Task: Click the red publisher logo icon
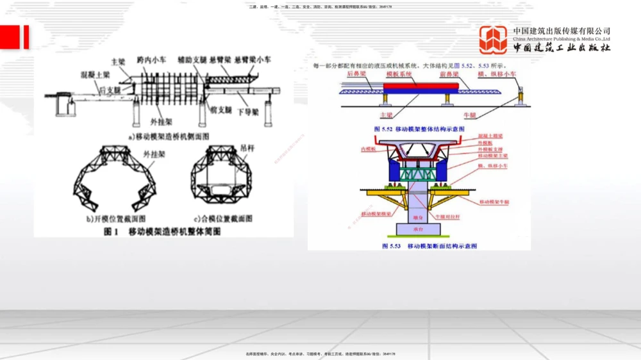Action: coord(494,40)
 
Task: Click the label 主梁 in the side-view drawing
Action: coord(118,62)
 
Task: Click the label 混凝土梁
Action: coord(94,74)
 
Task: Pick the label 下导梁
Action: coord(247,112)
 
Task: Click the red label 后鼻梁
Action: coord(356,74)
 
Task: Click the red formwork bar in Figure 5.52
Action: coord(420,84)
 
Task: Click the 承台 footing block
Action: coord(417,229)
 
